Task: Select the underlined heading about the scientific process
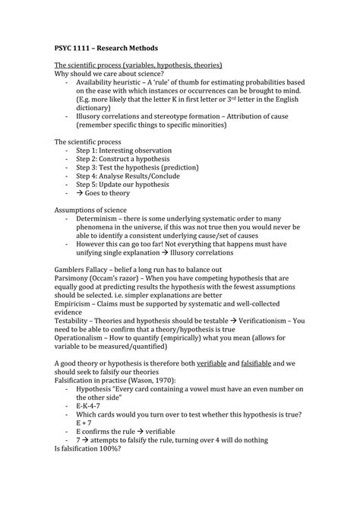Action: (x=137, y=65)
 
